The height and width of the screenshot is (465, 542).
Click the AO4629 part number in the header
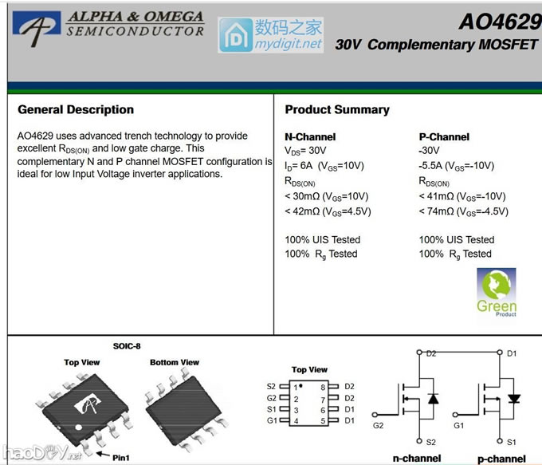(499, 21)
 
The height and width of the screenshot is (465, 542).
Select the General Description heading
(76, 109)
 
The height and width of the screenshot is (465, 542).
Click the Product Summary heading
(337, 109)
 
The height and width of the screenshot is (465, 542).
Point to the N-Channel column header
(310, 136)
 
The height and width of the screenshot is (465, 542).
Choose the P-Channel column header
(444, 136)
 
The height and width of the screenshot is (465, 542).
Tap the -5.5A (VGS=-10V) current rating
(456, 166)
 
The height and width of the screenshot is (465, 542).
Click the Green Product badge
(497, 292)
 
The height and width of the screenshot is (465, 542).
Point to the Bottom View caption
(175, 362)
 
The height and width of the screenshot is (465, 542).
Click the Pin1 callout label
(120, 457)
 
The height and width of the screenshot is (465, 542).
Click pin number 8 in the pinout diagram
(322, 387)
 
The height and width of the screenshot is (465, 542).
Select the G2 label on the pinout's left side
(272, 398)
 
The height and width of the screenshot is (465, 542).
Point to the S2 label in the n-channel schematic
(430, 441)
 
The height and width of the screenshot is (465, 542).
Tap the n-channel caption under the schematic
(416, 459)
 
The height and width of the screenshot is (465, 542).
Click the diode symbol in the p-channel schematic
(514, 397)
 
